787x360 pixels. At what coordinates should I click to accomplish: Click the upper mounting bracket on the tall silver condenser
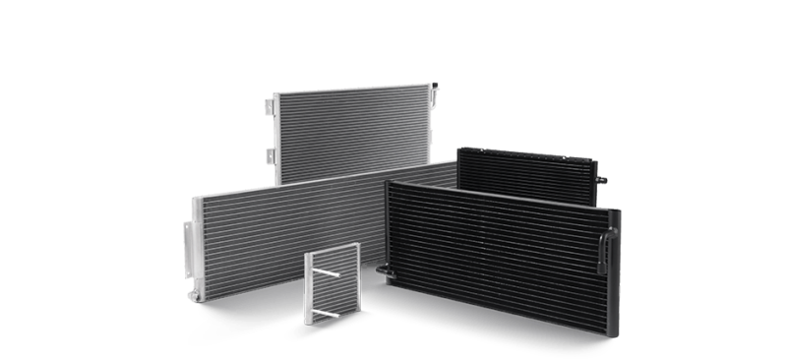pyautogui.click(x=270, y=101)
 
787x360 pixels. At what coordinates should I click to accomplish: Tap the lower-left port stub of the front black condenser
pyautogui.click(x=382, y=267)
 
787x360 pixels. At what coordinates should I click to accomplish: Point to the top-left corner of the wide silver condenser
pyautogui.click(x=195, y=199)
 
